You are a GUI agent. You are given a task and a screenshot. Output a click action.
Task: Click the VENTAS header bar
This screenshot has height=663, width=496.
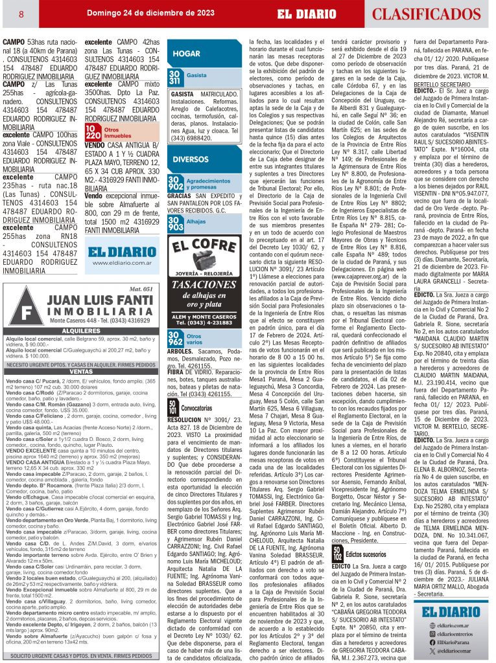81,372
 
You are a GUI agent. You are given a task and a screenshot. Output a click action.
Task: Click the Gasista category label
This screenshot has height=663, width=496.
196,76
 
